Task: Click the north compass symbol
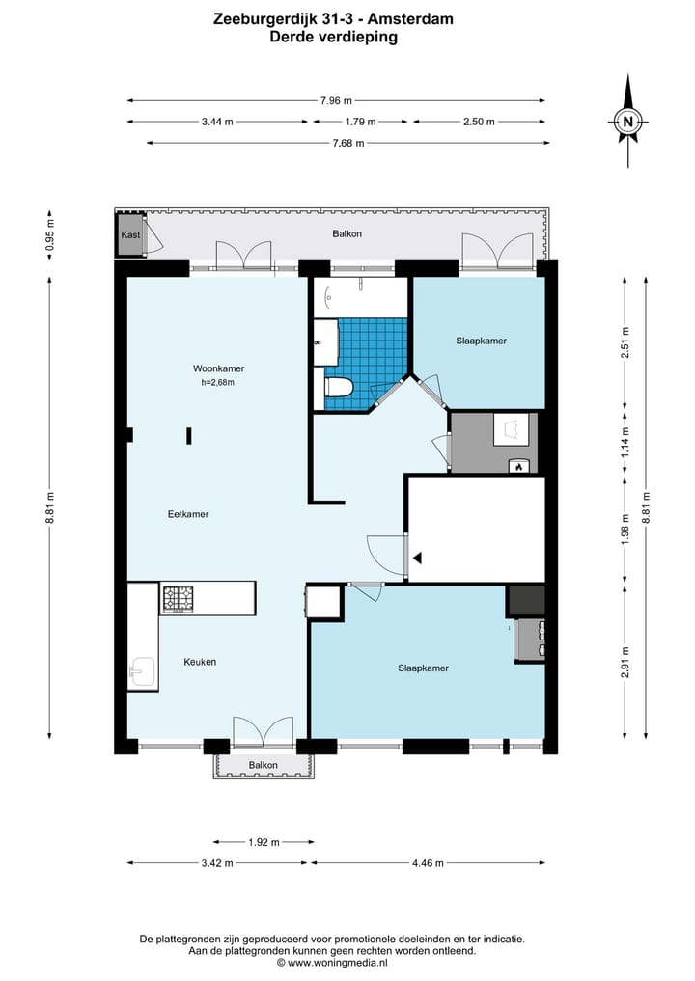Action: coord(628,121)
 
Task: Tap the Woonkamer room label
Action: coord(218,368)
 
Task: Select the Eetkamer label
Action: coord(188,514)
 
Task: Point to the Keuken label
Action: coord(200,662)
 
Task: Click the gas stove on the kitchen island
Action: coord(179,599)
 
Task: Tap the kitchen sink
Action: coord(143,673)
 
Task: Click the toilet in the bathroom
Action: coord(338,388)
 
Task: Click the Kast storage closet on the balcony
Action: coord(130,234)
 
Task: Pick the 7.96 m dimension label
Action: coord(336,100)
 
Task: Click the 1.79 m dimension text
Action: coord(361,122)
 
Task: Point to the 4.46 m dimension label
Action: coord(428,863)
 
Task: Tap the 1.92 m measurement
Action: coord(264,842)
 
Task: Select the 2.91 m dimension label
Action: coord(625,662)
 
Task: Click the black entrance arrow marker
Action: coord(417,558)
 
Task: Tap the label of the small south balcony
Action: coord(263,765)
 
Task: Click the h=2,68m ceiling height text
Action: coord(218,382)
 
